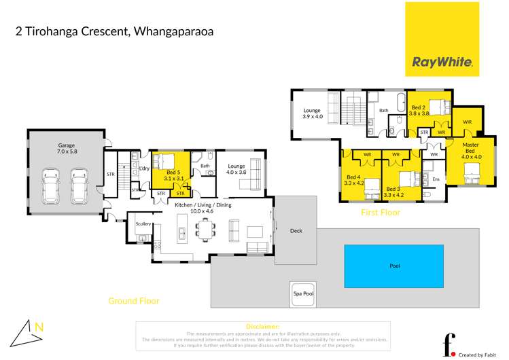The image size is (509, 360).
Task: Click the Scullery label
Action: [x=143, y=223]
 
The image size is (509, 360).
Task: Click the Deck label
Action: [x=296, y=231]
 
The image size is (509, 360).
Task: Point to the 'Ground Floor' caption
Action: [x=134, y=300]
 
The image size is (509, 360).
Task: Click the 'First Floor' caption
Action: [x=380, y=213]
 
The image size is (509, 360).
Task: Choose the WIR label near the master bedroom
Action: [x=466, y=122]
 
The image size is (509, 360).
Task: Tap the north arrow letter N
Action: [x=39, y=327]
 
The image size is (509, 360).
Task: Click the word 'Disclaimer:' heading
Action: [x=264, y=327]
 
